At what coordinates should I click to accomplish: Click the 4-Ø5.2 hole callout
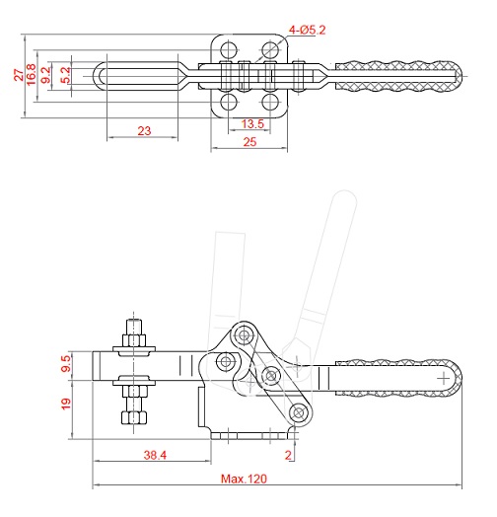click(x=307, y=30)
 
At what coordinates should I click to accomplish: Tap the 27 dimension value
click(x=19, y=75)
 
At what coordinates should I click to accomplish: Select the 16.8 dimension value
click(x=31, y=75)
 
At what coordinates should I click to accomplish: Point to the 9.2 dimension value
click(x=46, y=75)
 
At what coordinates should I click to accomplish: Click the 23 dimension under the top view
click(x=144, y=131)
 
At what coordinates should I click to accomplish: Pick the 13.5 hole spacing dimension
click(x=252, y=124)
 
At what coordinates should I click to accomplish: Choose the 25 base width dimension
click(x=249, y=142)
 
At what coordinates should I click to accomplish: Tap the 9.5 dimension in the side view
click(x=66, y=363)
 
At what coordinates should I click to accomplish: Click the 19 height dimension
click(x=66, y=404)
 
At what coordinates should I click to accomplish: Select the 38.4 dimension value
click(x=155, y=455)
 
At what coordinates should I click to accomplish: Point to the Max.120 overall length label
click(x=244, y=479)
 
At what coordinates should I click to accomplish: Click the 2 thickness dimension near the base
click(x=288, y=455)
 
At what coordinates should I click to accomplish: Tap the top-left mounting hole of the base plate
click(x=229, y=49)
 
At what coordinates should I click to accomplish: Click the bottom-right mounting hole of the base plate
click(x=270, y=102)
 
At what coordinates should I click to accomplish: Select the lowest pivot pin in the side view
click(x=299, y=412)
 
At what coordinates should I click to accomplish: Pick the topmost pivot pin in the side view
click(x=244, y=336)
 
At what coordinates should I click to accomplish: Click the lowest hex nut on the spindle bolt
click(x=133, y=417)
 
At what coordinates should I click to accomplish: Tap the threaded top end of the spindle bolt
click(x=133, y=327)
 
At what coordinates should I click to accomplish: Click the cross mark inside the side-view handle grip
click(x=444, y=378)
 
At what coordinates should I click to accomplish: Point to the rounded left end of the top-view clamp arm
click(x=95, y=76)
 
